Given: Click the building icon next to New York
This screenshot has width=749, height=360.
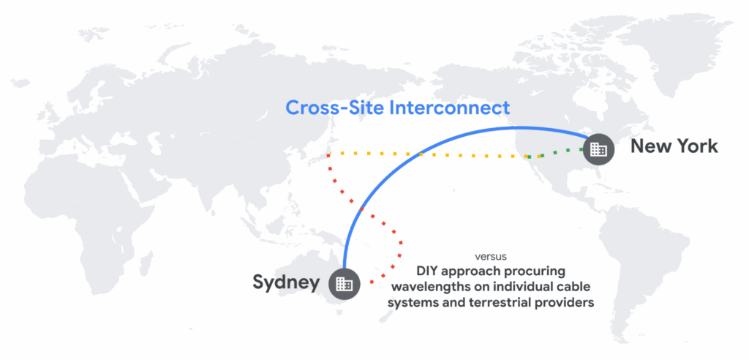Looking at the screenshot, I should point(598,149).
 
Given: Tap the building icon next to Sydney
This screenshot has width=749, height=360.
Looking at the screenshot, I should point(343,283).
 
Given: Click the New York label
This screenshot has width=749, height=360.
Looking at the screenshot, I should point(674,146).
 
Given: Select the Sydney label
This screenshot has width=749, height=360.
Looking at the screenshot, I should point(286,282).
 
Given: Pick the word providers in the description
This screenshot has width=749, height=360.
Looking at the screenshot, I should point(565,302).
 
